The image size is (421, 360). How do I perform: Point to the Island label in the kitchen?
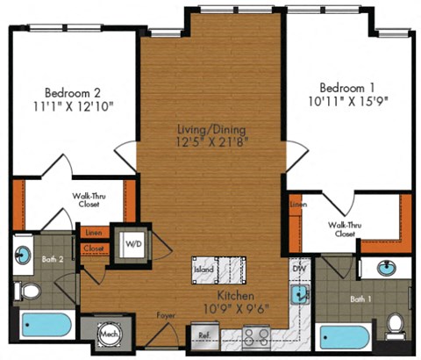coord(203,269)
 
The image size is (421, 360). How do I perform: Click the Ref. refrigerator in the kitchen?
coord(203,335)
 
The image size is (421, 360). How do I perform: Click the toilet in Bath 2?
coord(25,291)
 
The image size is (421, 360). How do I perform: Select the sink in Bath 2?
coord(23,256)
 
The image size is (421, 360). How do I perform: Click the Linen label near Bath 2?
coord(93,233)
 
